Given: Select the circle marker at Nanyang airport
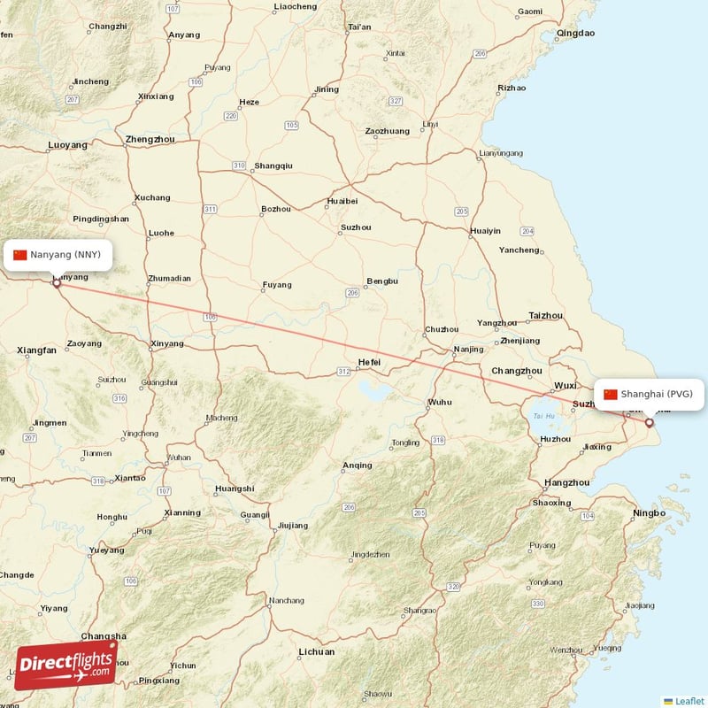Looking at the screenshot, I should pyautogui.click(x=57, y=283).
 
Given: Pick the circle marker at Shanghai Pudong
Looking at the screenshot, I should pyautogui.click(x=649, y=423).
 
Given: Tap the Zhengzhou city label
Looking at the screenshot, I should pyautogui.click(x=150, y=139).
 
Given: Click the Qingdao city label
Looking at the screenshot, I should pyautogui.click(x=575, y=34).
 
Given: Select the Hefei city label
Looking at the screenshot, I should pyautogui.click(x=369, y=362).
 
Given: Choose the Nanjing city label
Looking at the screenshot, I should pyautogui.click(x=468, y=349).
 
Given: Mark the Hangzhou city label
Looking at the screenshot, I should pyautogui.click(x=566, y=482).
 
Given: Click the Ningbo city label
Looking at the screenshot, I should pyautogui.click(x=649, y=513).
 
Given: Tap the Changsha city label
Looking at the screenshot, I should pyautogui.click(x=104, y=635).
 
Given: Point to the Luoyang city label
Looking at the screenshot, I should pyautogui.click(x=68, y=144).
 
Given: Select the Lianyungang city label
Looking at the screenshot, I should pyautogui.click(x=501, y=153).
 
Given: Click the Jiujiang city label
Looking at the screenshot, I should pyautogui.click(x=293, y=525).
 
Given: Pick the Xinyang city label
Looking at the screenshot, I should pyautogui.click(x=167, y=343).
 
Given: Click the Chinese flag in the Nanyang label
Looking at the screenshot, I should pyautogui.click(x=20, y=255).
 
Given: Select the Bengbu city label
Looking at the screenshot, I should pyautogui.click(x=382, y=281).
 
